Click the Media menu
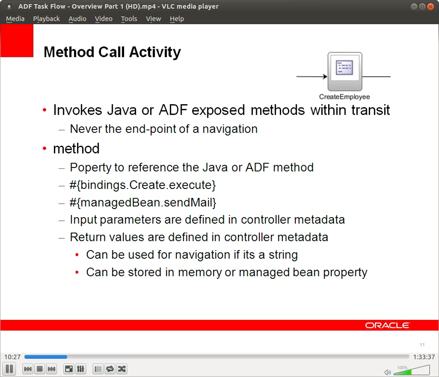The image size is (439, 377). (x=15, y=19)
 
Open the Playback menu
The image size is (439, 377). (x=46, y=19)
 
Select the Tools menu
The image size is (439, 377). (x=129, y=19)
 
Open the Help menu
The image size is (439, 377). (x=177, y=19)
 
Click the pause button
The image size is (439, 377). (x=9, y=369)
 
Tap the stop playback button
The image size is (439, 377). (x=40, y=369)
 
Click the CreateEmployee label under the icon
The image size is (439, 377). (x=344, y=97)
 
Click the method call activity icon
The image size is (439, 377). (x=345, y=72)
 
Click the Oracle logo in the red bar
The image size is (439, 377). (x=387, y=325)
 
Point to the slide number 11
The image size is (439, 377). (x=422, y=345)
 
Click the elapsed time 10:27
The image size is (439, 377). (x=12, y=357)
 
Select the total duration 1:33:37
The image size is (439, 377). (x=423, y=357)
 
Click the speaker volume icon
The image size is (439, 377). (x=387, y=372)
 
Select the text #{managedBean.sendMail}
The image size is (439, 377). (x=143, y=202)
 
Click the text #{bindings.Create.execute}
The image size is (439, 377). (x=143, y=185)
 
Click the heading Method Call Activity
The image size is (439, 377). (x=112, y=52)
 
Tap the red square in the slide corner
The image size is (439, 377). (x=17, y=41)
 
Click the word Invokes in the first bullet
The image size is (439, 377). (x=78, y=110)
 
